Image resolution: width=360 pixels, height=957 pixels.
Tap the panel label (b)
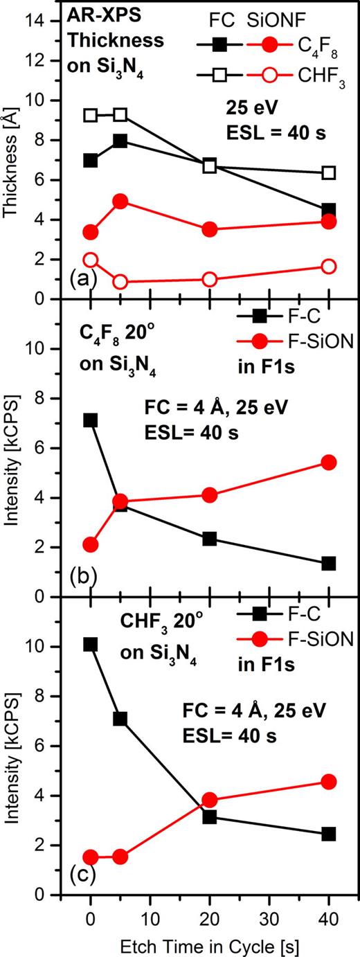pos(84,576)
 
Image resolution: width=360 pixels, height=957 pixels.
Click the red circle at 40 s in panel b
pos(328,462)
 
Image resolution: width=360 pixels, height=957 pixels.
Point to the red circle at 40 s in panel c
pos(328,782)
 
